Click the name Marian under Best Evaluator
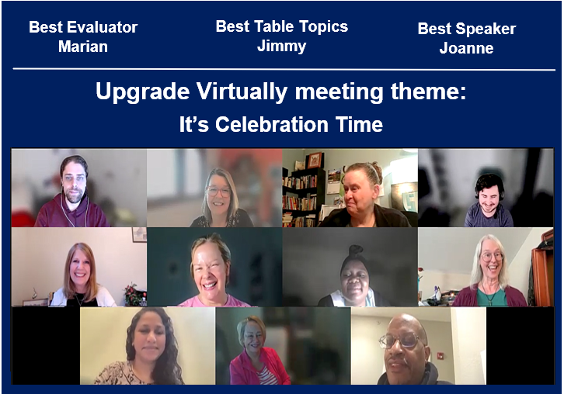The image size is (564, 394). coord(83,47)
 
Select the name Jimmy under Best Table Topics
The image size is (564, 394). coord(282,47)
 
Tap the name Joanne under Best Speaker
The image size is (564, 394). coord(467,48)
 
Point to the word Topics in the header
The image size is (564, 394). coord(324,27)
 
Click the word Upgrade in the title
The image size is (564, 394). coord(142,92)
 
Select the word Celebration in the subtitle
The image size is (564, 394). coord(272,125)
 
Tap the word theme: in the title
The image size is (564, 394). coord(428,92)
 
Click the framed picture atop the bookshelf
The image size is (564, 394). coord(315,160)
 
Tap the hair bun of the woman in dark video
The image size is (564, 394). coord(356,250)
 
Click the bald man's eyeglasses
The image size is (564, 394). coord(399,340)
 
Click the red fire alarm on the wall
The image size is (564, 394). coord(440,356)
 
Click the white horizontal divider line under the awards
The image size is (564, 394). coord(284,69)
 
